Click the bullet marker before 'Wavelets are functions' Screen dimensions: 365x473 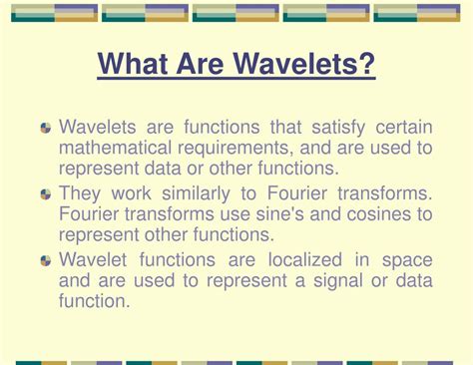tap(46, 129)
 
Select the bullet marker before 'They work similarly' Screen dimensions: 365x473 tap(46, 194)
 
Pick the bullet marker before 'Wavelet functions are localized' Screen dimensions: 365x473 tap(46, 260)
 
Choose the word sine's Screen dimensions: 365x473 tap(273, 213)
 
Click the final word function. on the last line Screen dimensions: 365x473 tap(95, 301)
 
